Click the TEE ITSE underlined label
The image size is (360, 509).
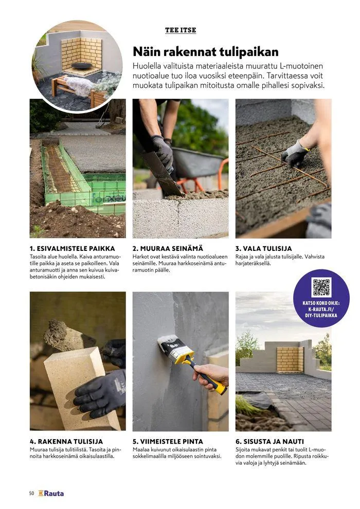[x=181, y=30]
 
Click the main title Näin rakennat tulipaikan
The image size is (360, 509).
[x=206, y=51]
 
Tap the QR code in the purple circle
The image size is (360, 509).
[x=321, y=287]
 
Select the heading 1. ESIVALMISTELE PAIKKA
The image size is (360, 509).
[x=72, y=249]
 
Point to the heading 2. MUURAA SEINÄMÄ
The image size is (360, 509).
[x=168, y=249]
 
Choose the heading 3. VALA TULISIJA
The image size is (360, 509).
[x=263, y=249]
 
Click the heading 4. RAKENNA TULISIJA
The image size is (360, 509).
[x=66, y=442]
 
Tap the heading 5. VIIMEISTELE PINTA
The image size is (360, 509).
[x=168, y=442]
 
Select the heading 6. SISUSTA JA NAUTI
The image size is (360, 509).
[x=269, y=442]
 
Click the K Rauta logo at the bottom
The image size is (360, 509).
[x=51, y=494]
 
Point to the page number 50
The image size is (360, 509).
[x=31, y=494]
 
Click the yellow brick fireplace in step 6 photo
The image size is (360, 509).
[x=290, y=360]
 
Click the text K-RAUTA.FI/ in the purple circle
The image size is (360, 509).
[x=321, y=309]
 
